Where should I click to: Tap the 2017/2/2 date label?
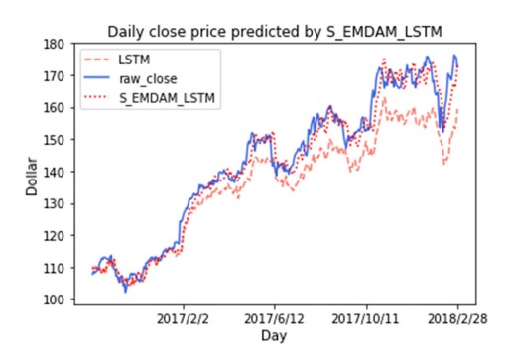[186, 319]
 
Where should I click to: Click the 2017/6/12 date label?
[274, 319]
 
